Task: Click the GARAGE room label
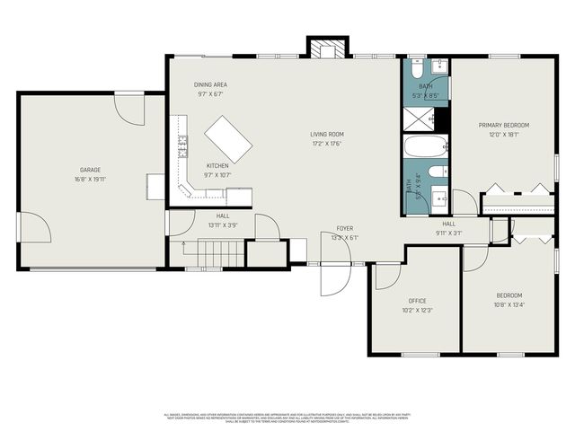click(x=90, y=170)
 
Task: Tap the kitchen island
click(x=228, y=138)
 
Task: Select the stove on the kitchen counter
click(x=182, y=148)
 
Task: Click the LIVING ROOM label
click(x=327, y=135)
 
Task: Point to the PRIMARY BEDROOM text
click(x=503, y=125)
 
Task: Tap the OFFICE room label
click(x=417, y=301)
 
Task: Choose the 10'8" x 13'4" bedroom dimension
click(x=509, y=304)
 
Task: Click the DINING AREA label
click(x=210, y=84)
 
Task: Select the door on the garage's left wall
click(x=34, y=227)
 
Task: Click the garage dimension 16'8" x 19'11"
click(x=90, y=179)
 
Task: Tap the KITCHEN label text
click(x=217, y=165)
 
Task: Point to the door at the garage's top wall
click(x=128, y=110)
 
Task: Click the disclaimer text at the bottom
click(x=287, y=417)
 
